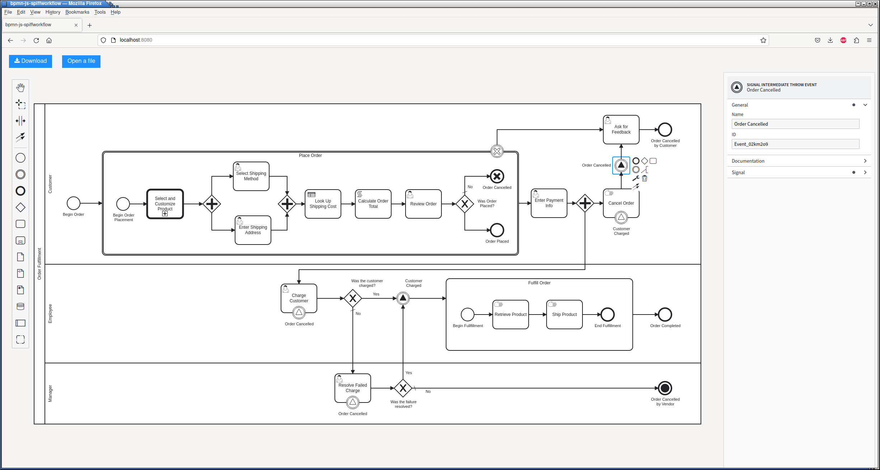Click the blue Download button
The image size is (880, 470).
(x=31, y=61)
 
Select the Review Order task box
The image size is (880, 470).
(x=423, y=204)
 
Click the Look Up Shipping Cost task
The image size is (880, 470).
(x=323, y=204)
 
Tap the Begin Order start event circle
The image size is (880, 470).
(x=74, y=203)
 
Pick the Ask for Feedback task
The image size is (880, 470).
(x=621, y=130)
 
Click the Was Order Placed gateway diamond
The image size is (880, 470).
(x=465, y=204)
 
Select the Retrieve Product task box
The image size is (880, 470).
(x=511, y=315)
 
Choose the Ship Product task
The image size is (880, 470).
(x=565, y=315)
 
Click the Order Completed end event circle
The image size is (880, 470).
(x=665, y=315)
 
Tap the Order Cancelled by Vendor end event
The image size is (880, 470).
(x=665, y=388)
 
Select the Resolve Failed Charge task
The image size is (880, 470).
(x=353, y=388)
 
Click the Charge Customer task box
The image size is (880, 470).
(x=299, y=298)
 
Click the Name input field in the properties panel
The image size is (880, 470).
(x=795, y=124)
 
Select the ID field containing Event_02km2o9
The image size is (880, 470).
(x=795, y=144)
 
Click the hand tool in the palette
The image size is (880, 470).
(x=20, y=88)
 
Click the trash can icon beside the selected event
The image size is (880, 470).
(x=645, y=178)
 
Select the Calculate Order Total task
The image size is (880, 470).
(x=373, y=204)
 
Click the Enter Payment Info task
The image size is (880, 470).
(x=549, y=203)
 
